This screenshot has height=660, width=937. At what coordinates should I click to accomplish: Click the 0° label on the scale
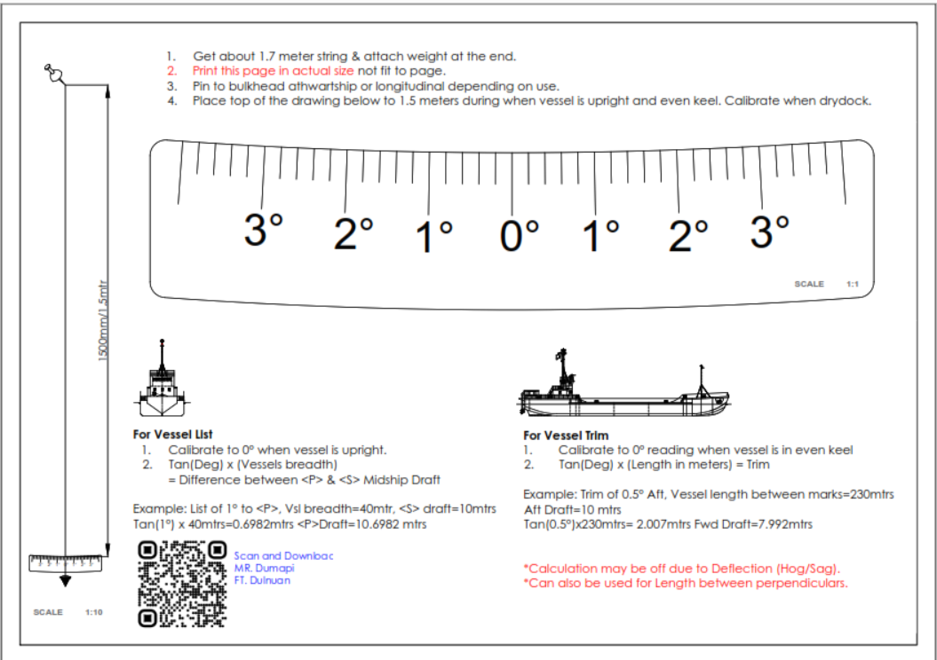[519, 234]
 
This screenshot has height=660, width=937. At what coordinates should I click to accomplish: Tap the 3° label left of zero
[263, 230]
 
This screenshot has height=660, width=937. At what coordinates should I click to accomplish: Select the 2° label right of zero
[687, 234]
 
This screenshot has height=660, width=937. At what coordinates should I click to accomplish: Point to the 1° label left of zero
[434, 236]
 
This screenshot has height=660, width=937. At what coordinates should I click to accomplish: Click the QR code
[182, 585]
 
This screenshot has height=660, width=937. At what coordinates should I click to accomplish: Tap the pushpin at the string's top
[54, 74]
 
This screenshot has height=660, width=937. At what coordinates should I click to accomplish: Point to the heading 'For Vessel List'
[172, 435]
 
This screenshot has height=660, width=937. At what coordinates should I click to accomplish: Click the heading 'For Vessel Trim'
[566, 436]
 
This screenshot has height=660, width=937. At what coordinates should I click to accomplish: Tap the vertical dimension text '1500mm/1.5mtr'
[103, 320]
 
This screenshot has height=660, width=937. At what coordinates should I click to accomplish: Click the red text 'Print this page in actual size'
[273, 71]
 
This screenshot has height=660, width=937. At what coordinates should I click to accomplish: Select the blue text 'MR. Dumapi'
[264, 568]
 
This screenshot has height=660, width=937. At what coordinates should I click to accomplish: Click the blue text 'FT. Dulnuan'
[262, 580]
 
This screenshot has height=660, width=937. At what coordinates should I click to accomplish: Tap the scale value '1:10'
[94, 612]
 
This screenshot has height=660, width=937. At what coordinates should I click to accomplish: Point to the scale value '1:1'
[853, 284]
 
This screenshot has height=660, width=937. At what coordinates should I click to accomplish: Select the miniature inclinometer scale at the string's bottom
[65, 563]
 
